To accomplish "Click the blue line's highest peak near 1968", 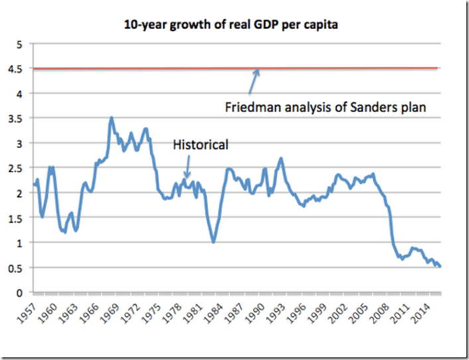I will click(111, 117).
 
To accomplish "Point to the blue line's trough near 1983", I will click(213, 242).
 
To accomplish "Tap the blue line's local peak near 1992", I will click(281, 158).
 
